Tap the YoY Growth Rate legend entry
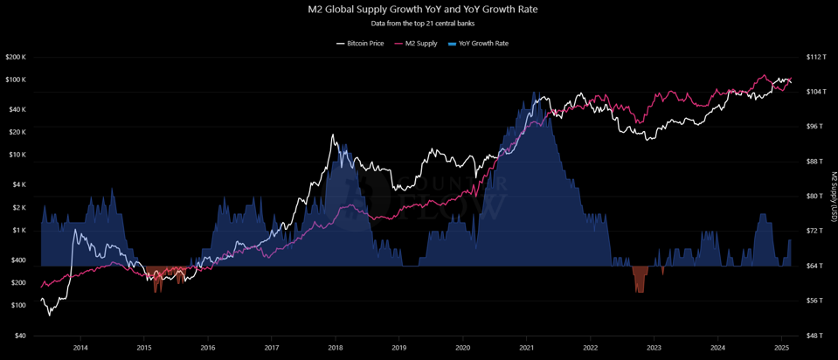pos(478,43)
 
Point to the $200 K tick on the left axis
pos(17,57)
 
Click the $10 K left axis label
pos(18,155)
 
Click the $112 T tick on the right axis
pos(815,57)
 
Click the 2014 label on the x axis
pos(80,347)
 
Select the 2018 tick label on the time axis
pos(336,347)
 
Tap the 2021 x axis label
pos(527,347)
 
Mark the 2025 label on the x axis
pos(782,347)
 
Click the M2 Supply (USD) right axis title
pos(833,196)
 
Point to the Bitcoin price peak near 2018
pos(332,136)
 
